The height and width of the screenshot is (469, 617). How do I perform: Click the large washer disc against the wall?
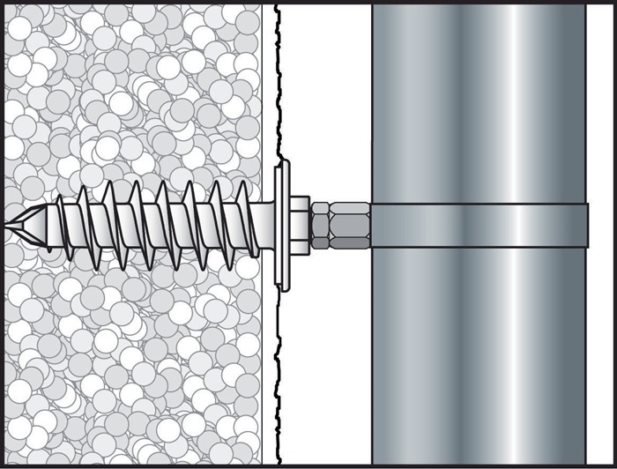(x=281, y=226)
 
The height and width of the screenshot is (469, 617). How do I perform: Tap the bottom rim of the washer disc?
(x=281, y=283)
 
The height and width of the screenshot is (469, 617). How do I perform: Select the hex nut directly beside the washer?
(x=299, y=226)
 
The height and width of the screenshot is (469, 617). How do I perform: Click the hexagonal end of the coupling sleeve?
(x=321, y=226)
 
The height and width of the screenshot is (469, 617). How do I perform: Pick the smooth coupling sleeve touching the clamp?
(x=350, y=226)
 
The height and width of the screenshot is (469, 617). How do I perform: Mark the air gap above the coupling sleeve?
(x=326, y=106)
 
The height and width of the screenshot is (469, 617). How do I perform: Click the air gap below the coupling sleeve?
(x=326, y=353)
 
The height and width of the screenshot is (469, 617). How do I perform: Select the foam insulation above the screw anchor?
(x=132, y=88)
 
